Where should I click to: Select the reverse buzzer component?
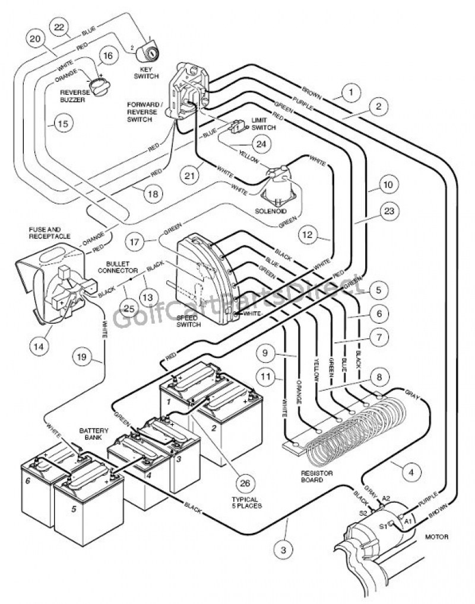99,87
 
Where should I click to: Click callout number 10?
387,186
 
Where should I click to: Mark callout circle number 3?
284,551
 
